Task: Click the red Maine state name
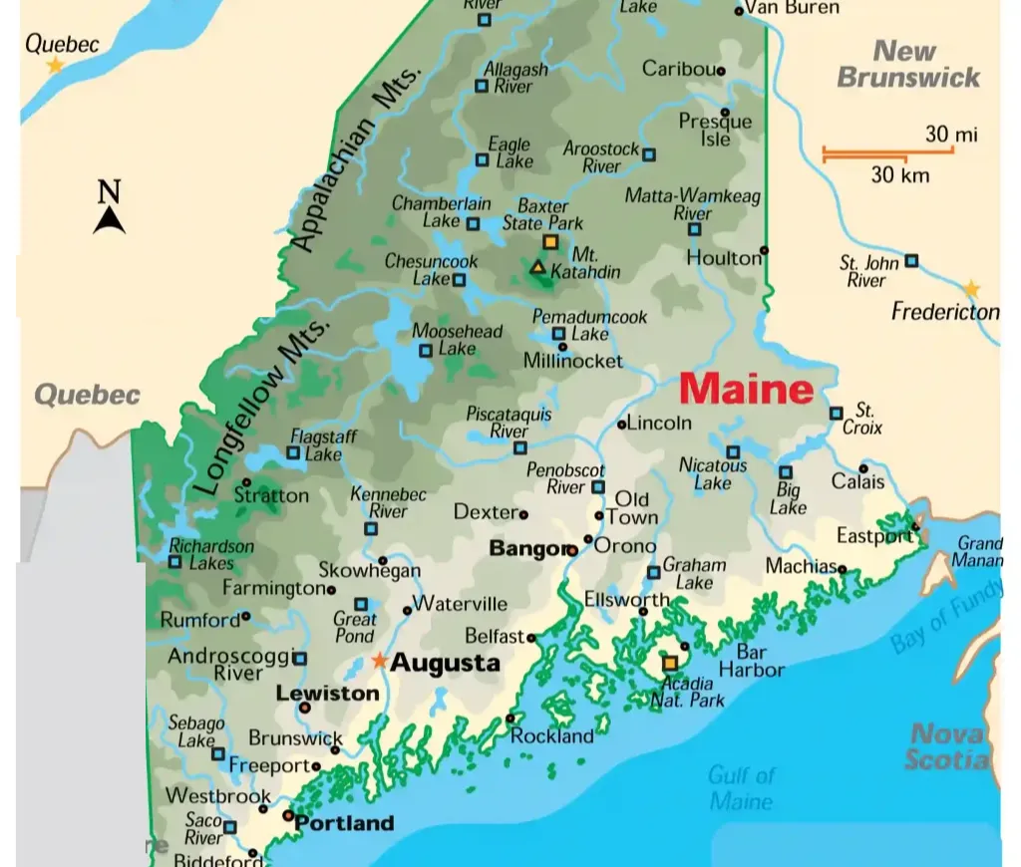[x=747, y=389]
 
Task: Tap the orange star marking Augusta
[x=379, y=660]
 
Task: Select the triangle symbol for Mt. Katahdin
[x=537, y=267]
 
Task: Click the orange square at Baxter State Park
[x=549, y=242]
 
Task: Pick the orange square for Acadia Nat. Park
[x=670, y=663]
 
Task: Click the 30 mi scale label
[x=950, y=134]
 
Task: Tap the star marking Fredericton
[x=970, y=290]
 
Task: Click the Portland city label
[x=345, y=824]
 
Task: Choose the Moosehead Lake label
[x=458, y=339]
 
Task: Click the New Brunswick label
[x=906, y=64]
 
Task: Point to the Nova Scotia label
[x=947, y=747]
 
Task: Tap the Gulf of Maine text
[x=741, y=787]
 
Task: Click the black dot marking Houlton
[x=764, y=250]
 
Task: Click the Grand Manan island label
[x=979, y=552]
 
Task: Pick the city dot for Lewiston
[x=305, y=708]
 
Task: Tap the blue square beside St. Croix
[x=836, y=413]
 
